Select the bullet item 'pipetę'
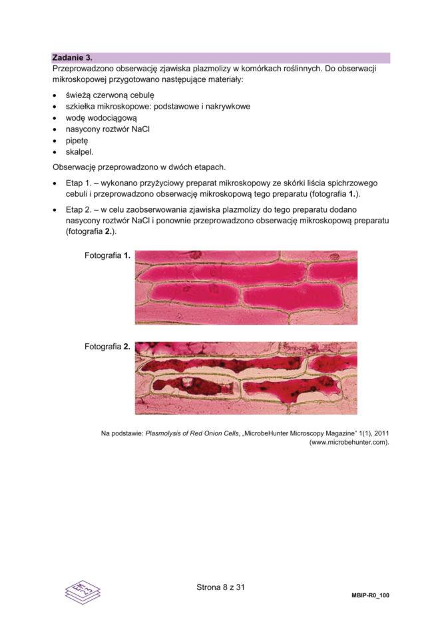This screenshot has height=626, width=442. pyautogui.click(x=77, y=141)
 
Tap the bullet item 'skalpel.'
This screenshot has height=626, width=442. pyautogui.click(x=79, y=152)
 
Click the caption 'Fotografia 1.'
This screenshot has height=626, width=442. pyautogui.click(x=107, y=255)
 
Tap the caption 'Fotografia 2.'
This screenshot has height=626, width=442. pyautogui.click(x=107, y=347)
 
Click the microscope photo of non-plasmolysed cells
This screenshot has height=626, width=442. pyautogui.click(x=246, y=287)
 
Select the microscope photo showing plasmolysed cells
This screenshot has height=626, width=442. pyautogui.click(x=246, y=378)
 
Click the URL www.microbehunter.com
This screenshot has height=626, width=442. pyautogui.click(x=349, y=442)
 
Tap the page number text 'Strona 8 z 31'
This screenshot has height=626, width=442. pyautogui.click(x=221, y=587)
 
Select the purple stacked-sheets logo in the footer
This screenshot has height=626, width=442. pyautogui.click(x=83, y=591)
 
